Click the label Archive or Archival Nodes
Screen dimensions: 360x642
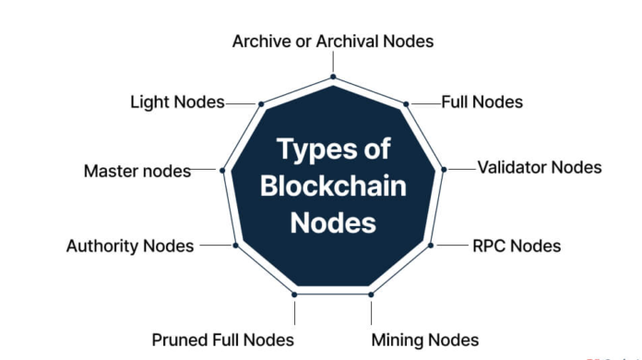pos(332,41)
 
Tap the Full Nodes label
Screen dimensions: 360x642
pos(481,102)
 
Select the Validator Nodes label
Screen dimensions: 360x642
pos(539,167)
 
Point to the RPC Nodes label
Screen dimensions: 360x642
pos(517,246)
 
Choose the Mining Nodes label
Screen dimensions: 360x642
pos(425,340)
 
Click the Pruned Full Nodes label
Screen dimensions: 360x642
pos(222,340)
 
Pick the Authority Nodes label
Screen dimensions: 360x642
pos(130,246)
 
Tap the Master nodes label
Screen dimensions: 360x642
pos(137,171)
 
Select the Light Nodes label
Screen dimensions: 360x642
pos(177,102)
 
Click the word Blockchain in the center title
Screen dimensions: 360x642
pos(333,186)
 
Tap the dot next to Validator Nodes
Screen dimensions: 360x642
pos(444,169)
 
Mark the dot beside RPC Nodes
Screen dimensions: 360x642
pos(431,245)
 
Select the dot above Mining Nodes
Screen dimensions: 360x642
pos(372,294)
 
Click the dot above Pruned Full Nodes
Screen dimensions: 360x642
pos(294,294)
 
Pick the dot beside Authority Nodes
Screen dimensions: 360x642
pos(235,245)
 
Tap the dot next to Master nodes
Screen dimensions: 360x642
pos(222,170)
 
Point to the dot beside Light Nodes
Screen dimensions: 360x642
pos(261,103)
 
